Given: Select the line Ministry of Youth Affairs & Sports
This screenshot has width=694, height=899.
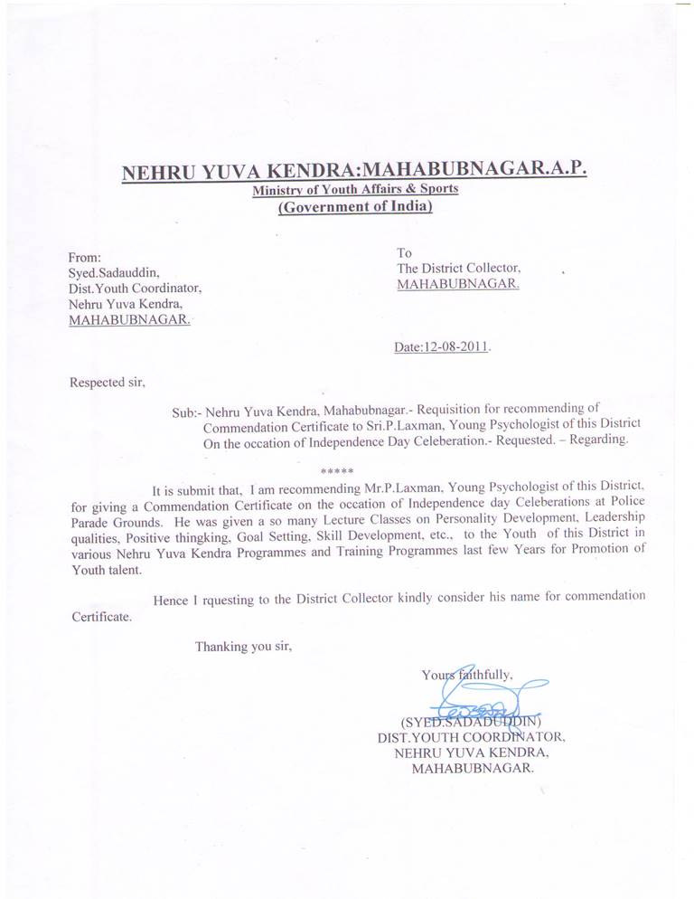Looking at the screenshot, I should coord(355,190).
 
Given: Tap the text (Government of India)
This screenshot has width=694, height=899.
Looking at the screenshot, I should coord(355,208).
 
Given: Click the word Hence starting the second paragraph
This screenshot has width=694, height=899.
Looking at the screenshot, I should coord(171,597).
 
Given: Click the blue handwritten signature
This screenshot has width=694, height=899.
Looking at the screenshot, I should coord(479,700).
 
